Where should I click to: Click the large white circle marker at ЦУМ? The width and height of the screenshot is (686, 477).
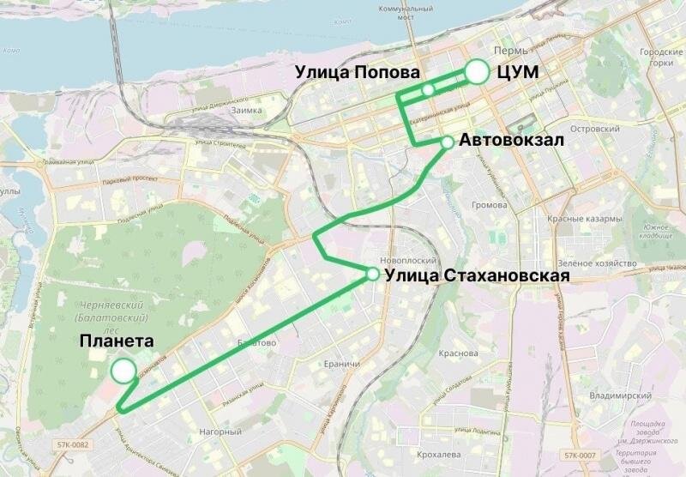pos(477,73)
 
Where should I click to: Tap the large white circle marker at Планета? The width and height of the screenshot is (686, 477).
pos(123,371)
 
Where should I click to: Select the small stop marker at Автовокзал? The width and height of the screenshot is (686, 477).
pos(447,142)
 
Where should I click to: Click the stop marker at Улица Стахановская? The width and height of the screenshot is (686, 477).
pos(373,275)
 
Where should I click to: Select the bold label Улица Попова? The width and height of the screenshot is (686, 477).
pos(358,73)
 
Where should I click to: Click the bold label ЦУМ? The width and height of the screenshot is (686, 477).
pos(518,73)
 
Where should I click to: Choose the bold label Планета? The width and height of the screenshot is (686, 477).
pos(117,341)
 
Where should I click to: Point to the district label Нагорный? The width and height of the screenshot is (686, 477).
pos(214,432)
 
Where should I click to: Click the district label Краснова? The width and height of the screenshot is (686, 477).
pos(458,353)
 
